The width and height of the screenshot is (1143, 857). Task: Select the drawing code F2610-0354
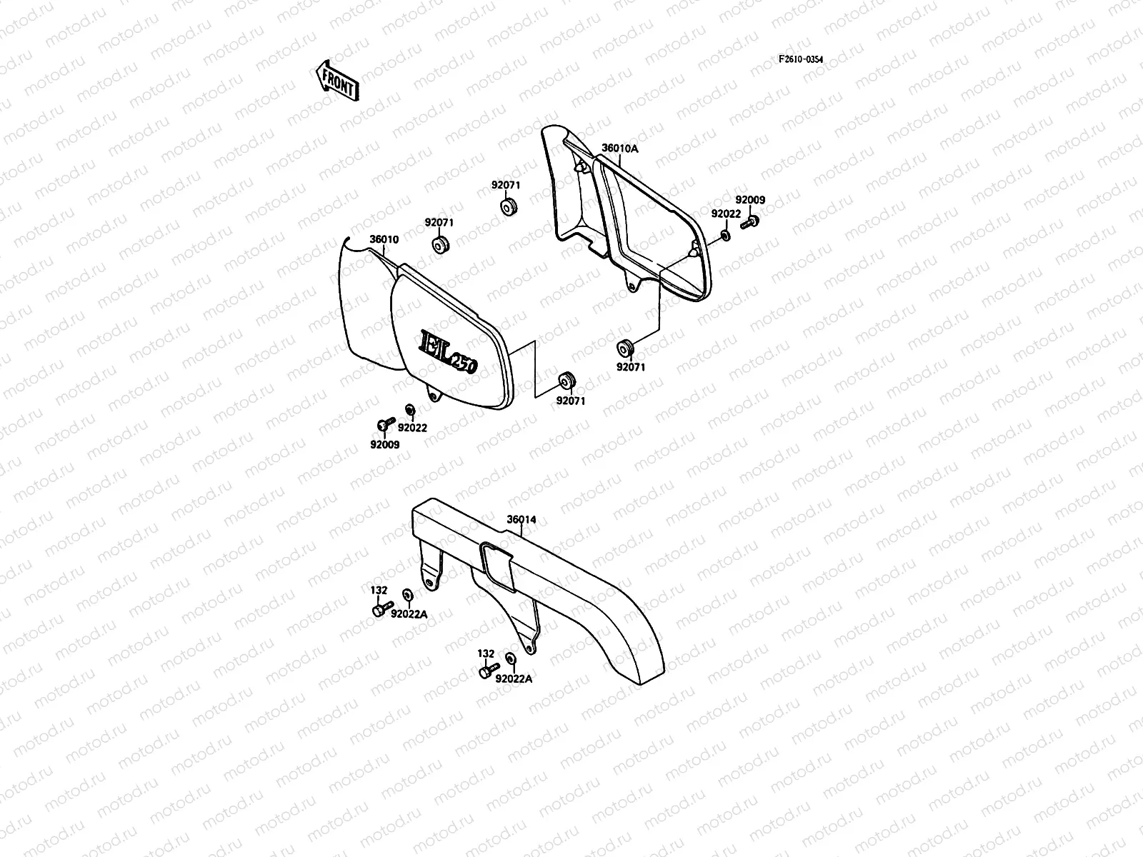(x=801, y=59)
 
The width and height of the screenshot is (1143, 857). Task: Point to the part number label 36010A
(x=619, y=149)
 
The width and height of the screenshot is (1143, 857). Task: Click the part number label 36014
(x=521, y=520)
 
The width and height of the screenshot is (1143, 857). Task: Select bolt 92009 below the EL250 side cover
(x=383, y=426)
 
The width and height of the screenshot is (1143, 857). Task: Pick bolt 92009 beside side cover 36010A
(x=749, y=222)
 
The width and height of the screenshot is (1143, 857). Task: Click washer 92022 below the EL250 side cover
(x=410, y=409)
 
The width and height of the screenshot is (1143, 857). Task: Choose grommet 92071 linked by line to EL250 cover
(x=568, y=378)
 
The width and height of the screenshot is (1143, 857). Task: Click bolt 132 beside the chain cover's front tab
(x=379, y=611)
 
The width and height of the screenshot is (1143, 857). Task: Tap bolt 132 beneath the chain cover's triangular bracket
(x=486, y=671)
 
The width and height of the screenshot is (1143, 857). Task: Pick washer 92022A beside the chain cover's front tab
(x=407, y=594)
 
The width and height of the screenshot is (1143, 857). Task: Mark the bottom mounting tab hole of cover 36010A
(x=631, y=288)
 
